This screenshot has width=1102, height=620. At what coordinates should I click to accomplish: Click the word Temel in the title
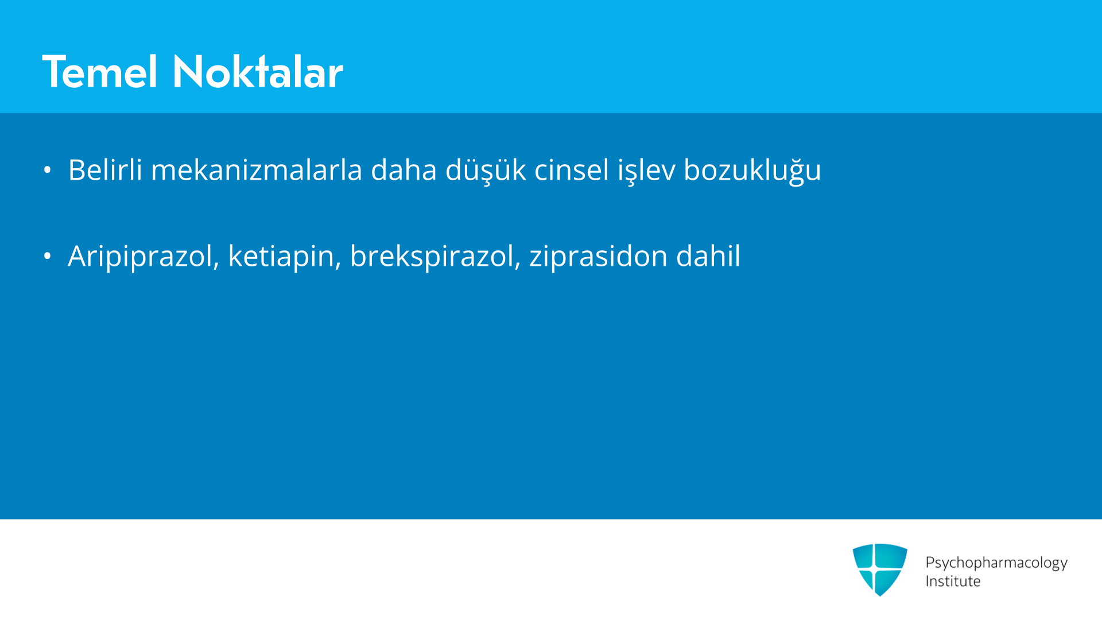pos(100,72)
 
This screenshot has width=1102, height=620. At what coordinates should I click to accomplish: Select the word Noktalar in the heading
pos(258,72)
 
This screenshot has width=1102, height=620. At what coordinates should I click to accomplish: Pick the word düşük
pos(486,170)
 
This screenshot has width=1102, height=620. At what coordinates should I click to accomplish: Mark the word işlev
pos(646,170)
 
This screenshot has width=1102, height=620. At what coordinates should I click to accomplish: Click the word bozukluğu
pos(752,170)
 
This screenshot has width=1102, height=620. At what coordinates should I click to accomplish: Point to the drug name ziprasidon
pos(598,257)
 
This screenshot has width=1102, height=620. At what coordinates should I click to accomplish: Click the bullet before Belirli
pos(48,170)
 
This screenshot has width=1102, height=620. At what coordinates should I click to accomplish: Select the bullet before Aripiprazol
pos(48,256)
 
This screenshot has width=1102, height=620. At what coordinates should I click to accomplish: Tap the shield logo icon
pos(880,569)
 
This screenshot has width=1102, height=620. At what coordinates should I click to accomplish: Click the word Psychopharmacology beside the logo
pos(996,563)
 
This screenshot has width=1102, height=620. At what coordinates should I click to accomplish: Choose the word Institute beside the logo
pos(953,581)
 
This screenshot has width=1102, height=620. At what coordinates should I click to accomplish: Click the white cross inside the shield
pos(874,569)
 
